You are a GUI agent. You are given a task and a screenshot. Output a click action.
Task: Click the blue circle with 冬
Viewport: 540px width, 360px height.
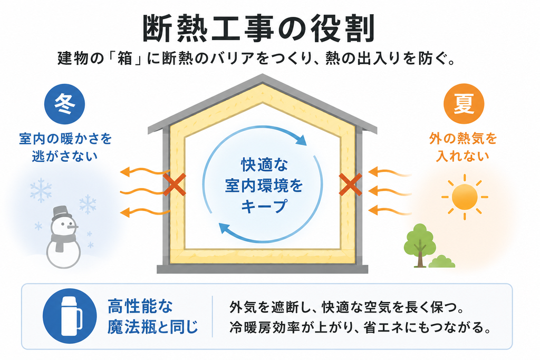click(x=64, y=104)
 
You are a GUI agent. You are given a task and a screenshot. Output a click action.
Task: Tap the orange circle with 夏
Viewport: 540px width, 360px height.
click(x=464, y=104)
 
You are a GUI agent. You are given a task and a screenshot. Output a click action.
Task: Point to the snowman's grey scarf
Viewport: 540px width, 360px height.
click(x=62, y=240)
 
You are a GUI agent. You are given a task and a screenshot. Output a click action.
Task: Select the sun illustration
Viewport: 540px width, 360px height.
click(x=465, y=197)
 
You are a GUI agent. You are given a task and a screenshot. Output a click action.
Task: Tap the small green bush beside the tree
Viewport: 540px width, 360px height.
click(x=442, y=262)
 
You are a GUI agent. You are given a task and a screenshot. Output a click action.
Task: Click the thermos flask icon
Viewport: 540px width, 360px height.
click(x=72, y=316)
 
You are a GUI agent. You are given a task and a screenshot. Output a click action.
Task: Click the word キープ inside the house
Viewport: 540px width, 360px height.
click(x=264, y=207)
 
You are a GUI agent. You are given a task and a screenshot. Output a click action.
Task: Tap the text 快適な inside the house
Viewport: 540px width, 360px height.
click(x=264, y=165)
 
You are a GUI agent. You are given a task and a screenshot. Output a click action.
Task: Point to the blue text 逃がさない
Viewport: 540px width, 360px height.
click(x=65, y=156)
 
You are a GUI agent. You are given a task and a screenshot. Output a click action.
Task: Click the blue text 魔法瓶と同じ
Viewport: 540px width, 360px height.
click(x=153, y=327)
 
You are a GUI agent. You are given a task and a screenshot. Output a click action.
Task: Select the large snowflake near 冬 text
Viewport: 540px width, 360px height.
click(x=41, y=190)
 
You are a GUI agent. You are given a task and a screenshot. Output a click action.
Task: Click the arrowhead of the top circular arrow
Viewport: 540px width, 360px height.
click(x=300, y=139)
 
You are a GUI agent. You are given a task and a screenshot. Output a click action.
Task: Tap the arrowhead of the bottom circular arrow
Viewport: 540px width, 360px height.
click(x=225, y=228)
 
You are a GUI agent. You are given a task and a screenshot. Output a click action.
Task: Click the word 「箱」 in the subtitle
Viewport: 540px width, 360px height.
click(x=125, y=59)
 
